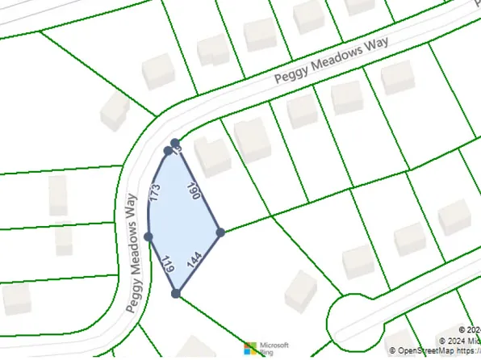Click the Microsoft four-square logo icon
coord(251,349)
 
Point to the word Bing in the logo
coord(266,353)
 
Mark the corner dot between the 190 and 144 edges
coord(220,232)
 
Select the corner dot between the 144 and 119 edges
coord(176,293)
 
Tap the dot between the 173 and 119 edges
coord(148,237)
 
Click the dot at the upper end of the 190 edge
coord(175,143)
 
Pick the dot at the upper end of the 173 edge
coord(168,150)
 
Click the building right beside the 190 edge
coord(214,157)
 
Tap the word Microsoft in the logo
coord(274,345)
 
